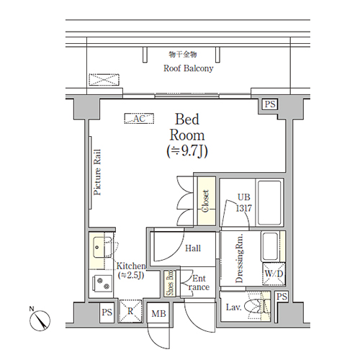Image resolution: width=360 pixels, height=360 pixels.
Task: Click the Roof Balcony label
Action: (x=188, y=68)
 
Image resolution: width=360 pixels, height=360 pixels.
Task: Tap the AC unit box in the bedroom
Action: (x=139, y=119)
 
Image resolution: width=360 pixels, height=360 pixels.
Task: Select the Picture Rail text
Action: (x=97, y=172)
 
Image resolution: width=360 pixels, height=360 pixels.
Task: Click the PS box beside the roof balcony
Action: (x=270, y=104)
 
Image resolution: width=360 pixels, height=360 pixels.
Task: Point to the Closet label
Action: (x=205, y=201)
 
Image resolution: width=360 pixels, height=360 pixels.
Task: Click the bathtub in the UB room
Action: (x=269, y=203)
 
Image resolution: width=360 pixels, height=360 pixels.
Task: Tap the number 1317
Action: (x=244, y=208)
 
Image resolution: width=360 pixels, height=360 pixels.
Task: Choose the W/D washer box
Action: (x=274, y=274)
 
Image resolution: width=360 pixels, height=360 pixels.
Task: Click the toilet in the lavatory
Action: (x=254, y=307)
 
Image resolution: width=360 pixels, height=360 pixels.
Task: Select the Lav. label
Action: (x=233, y=307)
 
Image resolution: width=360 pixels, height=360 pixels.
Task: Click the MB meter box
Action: (x=158, y=313)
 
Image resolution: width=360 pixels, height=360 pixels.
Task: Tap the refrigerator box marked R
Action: (x=130, y=311)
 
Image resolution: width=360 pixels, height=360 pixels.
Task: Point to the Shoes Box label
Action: (x=170, y=283)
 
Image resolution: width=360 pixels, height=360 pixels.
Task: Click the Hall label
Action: (x=193, y=248)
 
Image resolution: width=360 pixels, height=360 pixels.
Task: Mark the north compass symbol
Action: (x=40, y=320)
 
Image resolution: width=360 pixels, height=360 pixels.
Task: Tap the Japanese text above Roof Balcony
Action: (x=183, y=55)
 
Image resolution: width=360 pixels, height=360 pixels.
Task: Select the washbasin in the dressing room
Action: (x=270, y=246)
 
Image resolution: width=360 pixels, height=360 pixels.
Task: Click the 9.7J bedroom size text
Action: (x=187, y=151)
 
